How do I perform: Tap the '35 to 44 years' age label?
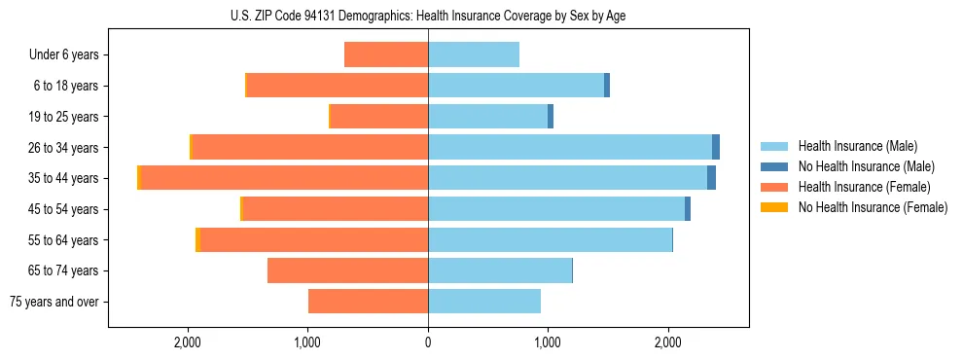[x=64, y=178]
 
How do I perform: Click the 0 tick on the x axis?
[x=428, y=342]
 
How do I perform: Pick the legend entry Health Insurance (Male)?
[x=857, y=146]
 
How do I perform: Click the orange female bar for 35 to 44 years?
[x=284, y=178]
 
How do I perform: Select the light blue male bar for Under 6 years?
[x=474, y=54]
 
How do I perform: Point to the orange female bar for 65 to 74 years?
[x=347, y=270]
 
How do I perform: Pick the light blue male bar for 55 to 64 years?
[x=550, y=239]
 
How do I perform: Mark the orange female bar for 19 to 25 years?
[x=379, y=117]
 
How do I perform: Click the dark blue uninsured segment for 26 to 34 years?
[x=716, y=147]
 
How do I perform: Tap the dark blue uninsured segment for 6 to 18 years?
[x=607, y=86]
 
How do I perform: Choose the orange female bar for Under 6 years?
[x=386, y=54]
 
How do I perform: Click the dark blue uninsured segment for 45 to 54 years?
[x=688, y=209]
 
